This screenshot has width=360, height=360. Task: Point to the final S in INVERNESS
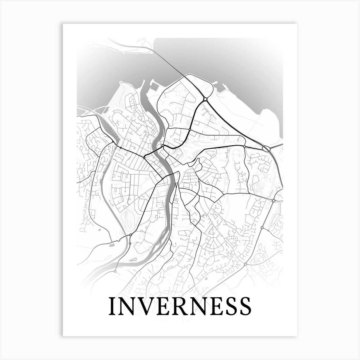pos(245,306)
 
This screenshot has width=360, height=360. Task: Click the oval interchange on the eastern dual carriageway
pos(266,148)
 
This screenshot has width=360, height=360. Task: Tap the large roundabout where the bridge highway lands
pos(205,99)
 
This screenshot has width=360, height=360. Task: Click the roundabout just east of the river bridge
pos(163,146)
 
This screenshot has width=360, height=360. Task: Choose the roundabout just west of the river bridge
pos(144,158)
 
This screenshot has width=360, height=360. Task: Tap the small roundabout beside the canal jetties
pos(120,148)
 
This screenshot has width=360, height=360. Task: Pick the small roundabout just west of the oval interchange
pos(244,147)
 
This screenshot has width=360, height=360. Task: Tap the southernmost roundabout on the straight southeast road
pos(245,264)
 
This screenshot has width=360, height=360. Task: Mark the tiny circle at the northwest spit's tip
pos(121,83)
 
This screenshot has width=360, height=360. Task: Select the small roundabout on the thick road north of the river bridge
pos(190,130)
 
